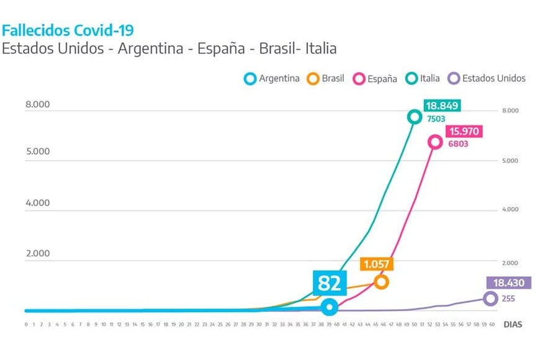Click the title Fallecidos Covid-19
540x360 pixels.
tap(68, 30)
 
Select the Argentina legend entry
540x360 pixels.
tap(272, 79)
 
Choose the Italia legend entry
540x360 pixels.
tap(423, 79)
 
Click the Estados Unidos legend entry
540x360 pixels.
tap(487, 79)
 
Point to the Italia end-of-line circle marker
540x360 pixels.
tap(415, 117)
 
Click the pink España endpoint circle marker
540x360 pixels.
tap(435, 142)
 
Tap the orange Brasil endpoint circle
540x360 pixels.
tap(382, 282)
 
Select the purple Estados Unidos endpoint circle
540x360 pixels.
tap(490, 299)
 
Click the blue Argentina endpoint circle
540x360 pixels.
tap(330, 306)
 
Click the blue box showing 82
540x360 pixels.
tap(330, 283)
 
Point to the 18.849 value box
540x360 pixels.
tap(442, 106)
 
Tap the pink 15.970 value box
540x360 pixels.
tap(463, 132)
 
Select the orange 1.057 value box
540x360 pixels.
tap(377, 264)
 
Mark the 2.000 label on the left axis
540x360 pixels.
tap(37, 254)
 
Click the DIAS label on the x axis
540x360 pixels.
tap(512, 324)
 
